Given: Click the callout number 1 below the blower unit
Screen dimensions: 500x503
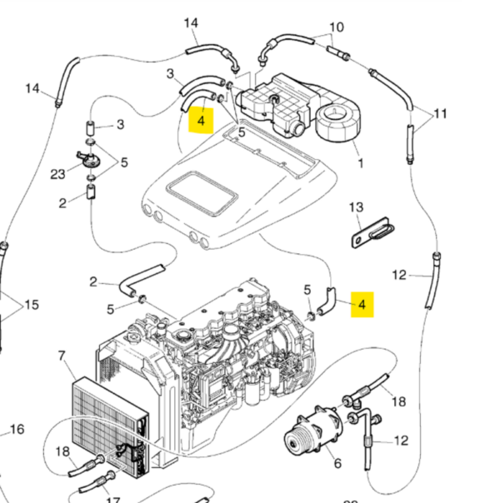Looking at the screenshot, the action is click(361, 163).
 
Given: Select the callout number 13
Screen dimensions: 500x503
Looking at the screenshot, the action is click(356, 207).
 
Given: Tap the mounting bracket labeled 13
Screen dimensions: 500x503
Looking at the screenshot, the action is click(372, 232).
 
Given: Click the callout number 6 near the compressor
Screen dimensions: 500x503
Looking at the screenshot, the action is click(337, 463).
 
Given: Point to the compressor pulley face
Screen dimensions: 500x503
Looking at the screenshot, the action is click(294, 444).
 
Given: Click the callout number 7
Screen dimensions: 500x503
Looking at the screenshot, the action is click(62, 356).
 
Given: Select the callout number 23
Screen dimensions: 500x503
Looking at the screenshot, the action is click(57, 174).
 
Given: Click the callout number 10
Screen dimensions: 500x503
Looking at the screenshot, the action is click(337, 27).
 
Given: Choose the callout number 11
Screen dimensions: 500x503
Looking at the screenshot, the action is click(440, 113).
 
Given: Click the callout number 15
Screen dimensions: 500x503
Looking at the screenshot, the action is click(32, 305).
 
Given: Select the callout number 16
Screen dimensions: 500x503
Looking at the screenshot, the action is click(17, 429).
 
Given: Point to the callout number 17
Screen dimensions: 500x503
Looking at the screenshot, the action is click(112, 499).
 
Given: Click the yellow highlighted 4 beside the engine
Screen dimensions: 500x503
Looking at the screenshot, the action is click(362, 305).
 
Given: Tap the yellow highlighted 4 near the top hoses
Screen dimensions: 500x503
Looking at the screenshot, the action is click(201, 121).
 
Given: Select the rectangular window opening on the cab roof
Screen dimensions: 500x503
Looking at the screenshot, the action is click(202, 193).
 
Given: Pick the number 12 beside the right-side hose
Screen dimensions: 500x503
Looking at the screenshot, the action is click(399, 275).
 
